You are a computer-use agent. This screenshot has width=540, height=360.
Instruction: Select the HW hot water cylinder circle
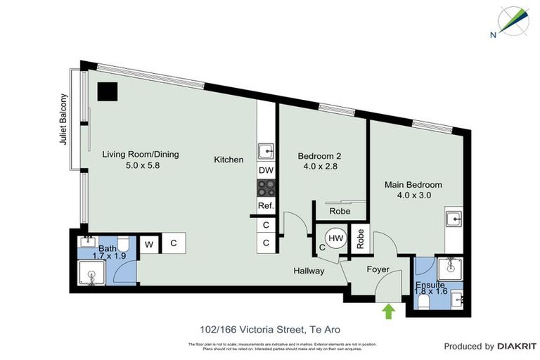point(336,239)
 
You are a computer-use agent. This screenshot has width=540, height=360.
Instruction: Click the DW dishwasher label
point(266,170)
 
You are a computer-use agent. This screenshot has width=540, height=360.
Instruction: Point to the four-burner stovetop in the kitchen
point(266,188)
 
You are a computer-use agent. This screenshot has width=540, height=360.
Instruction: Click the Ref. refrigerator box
point(266,206)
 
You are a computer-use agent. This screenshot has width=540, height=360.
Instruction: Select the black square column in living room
point(108,92)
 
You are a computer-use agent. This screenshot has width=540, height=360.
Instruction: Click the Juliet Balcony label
point(64,120)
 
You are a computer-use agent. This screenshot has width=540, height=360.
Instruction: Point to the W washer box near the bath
point(149,244)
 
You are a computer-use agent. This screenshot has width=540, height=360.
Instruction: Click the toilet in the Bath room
point(123,245)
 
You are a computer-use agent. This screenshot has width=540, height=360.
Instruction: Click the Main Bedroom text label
point(413,185)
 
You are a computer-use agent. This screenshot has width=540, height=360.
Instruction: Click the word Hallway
point(309,271)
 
